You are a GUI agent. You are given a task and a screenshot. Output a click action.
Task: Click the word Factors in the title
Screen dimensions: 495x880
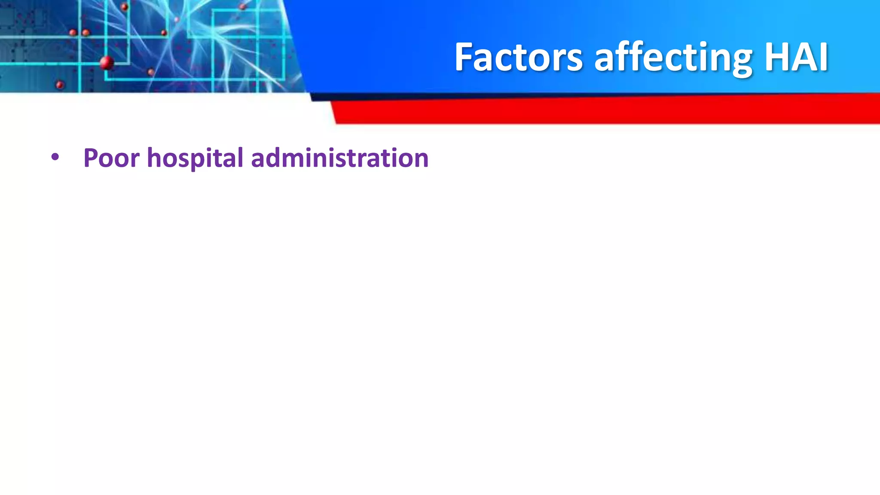[518, 57]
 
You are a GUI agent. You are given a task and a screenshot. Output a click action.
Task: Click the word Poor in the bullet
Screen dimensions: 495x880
[111, 158]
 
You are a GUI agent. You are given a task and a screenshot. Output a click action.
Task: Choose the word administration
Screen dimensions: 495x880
[339, 158]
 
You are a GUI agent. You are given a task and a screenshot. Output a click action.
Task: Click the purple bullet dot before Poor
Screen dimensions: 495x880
[55, 157]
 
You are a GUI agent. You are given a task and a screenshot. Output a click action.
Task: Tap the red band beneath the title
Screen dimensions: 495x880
[602, 111]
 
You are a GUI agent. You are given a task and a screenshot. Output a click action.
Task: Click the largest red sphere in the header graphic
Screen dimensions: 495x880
[107, 63]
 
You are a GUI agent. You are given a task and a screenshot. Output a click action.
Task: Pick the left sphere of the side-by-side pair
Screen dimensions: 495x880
[73, 33]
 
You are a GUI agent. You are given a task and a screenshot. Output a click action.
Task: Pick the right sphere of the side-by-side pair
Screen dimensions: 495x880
[86, 33]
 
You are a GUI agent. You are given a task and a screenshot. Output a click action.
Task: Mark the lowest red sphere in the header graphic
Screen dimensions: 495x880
[60, 85]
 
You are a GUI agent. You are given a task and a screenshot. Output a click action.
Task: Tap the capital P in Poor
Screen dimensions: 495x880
[91, 158]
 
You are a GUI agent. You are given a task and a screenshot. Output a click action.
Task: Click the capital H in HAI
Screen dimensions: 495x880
[778, 57]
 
